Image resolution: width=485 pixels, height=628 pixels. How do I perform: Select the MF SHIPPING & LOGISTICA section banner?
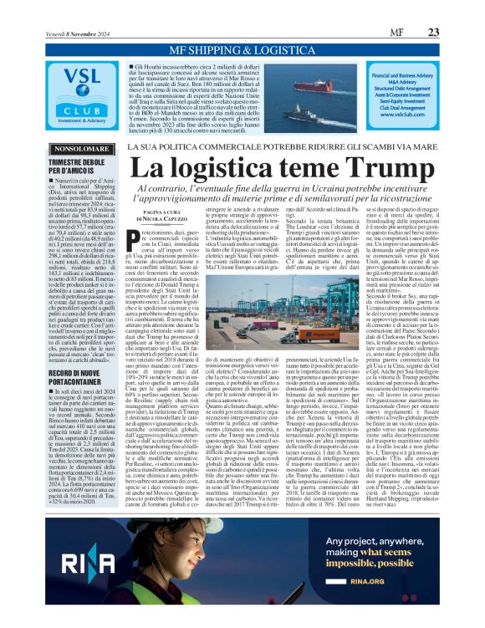(x=242, y=51)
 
